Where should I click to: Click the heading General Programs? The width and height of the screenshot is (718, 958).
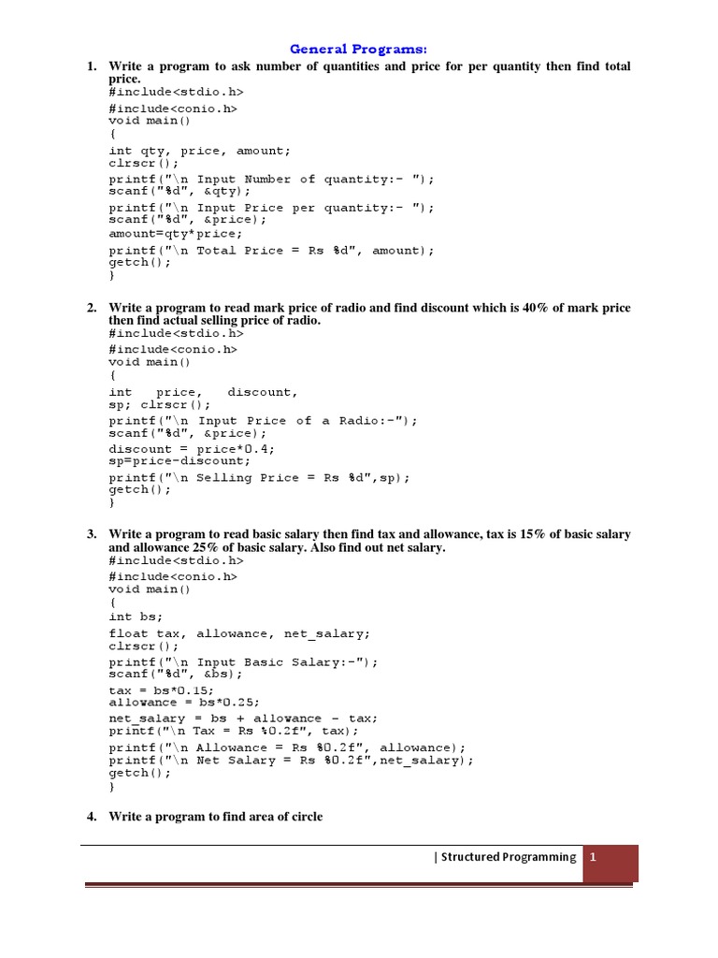click(360, 49)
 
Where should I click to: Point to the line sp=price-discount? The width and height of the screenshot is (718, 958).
click(179, 460)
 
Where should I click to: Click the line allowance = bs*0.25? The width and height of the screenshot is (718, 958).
click(184, 702)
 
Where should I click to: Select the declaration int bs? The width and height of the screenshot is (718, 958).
click(136, 617)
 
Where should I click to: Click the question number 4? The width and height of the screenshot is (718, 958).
click(92, 817)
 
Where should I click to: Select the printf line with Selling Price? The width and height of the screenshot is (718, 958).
click(259, 477)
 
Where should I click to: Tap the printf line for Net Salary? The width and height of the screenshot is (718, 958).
click(291, 760)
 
